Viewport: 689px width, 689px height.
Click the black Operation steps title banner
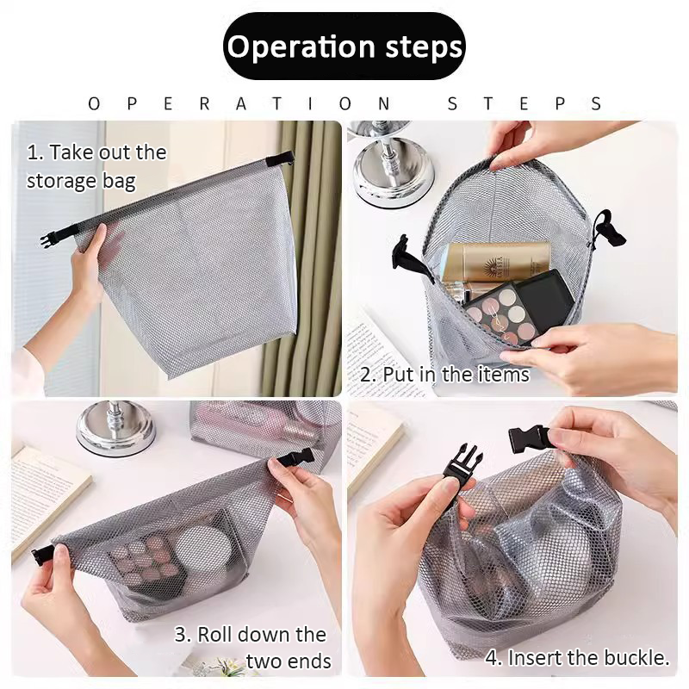coord(344,47)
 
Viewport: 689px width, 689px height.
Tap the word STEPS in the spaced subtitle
coord(525,103)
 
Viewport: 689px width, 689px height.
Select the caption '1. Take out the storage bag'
coord(96,166)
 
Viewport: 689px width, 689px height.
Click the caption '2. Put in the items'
coord(444,375)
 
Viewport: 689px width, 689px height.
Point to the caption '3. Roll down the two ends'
coord(251,648)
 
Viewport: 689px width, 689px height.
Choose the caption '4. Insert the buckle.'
coord(577,658)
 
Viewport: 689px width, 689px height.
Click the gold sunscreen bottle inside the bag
coord(494,262)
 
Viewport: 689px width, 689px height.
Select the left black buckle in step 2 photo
coord(411,258)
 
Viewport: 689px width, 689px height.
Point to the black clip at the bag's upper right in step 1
coord(280,159)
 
